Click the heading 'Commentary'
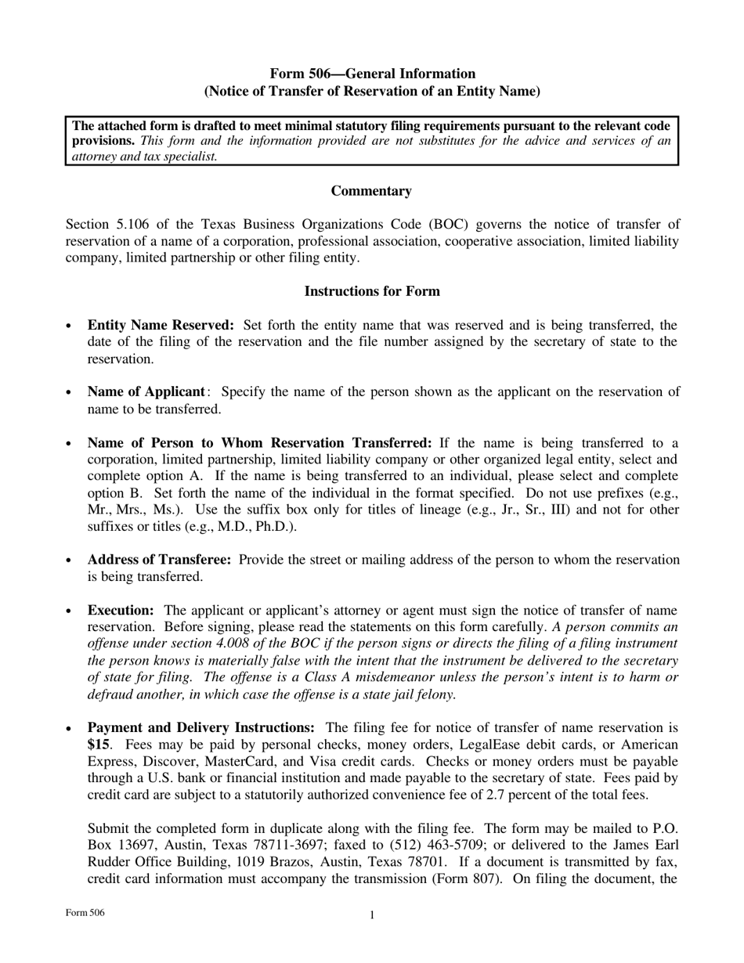371,191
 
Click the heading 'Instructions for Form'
371,291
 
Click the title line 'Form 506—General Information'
372,74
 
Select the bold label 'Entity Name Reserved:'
161,325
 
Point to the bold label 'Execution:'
121,610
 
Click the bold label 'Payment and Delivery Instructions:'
200,727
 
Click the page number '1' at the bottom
372,915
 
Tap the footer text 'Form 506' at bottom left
85,913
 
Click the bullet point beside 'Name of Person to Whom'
70,443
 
